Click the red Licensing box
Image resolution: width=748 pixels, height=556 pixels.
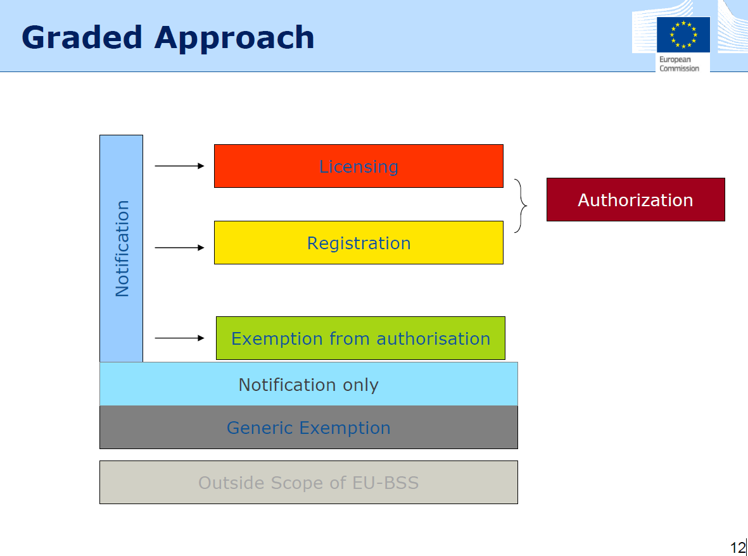358,166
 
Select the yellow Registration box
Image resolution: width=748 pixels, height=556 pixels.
358,242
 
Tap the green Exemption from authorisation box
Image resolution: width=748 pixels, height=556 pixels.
360,338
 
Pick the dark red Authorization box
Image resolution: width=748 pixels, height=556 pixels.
636,200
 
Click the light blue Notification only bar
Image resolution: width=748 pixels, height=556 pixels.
308,384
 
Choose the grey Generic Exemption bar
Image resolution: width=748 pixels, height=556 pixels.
308,428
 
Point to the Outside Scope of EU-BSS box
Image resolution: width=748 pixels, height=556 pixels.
308,482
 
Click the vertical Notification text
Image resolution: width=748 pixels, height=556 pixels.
122,249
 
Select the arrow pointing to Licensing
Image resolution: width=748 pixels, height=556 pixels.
179,166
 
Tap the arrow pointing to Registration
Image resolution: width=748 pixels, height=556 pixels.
179,248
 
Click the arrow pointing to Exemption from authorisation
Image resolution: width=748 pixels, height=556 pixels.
179,338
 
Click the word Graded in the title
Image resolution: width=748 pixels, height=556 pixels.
82,37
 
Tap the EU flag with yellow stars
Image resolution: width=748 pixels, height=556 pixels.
683,34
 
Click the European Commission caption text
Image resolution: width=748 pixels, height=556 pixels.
680,64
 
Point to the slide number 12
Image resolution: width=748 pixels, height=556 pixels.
737,547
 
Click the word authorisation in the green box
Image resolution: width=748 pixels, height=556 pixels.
433,339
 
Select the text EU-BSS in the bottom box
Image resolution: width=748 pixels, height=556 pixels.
386,483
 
